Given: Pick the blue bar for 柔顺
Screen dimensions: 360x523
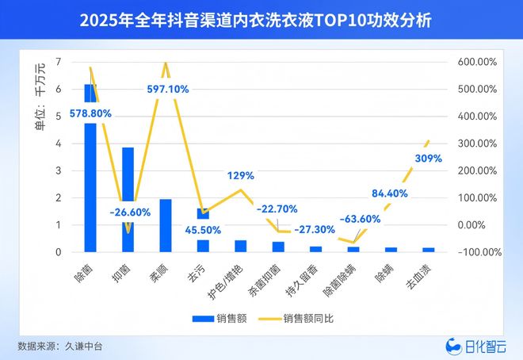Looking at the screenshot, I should (166, 225).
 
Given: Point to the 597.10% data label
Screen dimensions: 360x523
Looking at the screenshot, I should (168, 90).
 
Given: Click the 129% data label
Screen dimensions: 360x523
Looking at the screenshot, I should (240, 175).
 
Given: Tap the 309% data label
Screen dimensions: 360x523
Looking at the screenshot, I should (429, 158).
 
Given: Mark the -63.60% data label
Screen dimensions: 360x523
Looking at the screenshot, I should (354, 219).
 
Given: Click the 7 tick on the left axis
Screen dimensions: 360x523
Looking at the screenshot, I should (59, 62).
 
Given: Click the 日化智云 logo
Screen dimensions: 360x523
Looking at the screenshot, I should (474, 346).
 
